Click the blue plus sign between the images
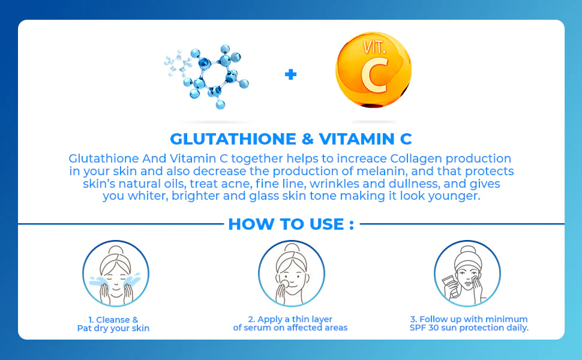coord(291,74)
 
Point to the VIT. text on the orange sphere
coord(376,47)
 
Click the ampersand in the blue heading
coord(307,139)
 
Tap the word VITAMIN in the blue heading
coord(355,139)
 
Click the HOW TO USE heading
coord(291,224)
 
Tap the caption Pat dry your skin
coord(113,328)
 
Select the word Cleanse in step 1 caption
coord(113,319)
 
